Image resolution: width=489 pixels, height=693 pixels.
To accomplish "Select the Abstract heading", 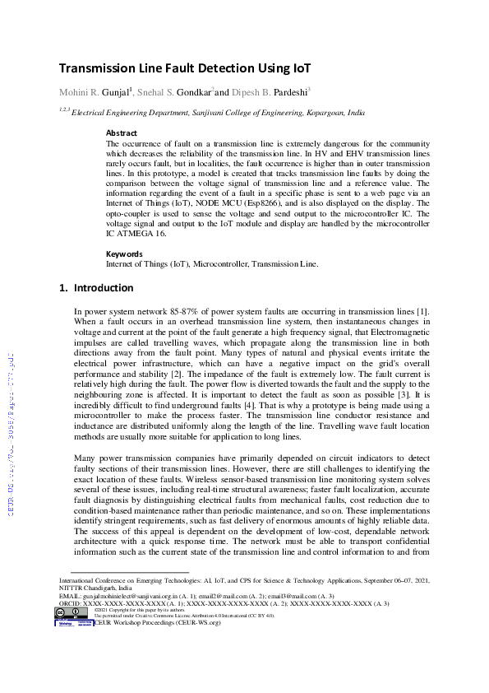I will pos(122,133).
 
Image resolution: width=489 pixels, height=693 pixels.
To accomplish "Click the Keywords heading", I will pos(125,254).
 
